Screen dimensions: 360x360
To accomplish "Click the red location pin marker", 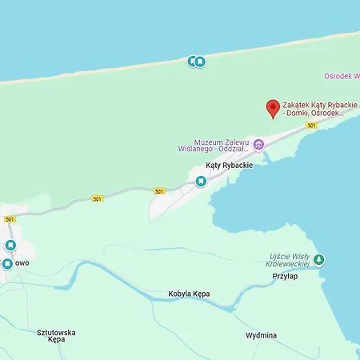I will click(x=272, y=108).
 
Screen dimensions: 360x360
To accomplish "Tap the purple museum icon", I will click(x=259, y=144).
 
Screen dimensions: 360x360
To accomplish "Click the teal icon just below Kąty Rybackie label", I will click(x=201, y=182).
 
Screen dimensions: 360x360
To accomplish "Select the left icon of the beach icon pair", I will click(x=192, y=61).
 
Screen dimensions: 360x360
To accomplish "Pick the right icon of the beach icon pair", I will click(x=200, y=61).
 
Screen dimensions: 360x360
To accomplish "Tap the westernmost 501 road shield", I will click(x=10, y=219).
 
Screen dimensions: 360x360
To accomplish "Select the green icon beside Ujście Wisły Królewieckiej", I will click(x=318, y=259).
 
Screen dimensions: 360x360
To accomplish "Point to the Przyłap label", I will click(x=284, y=275).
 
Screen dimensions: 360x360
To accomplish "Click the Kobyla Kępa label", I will click(x=190, y=294).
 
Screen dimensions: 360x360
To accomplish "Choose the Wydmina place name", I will click(x=261, y=335).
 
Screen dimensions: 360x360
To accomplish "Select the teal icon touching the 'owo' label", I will click(x=7, y=263).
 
